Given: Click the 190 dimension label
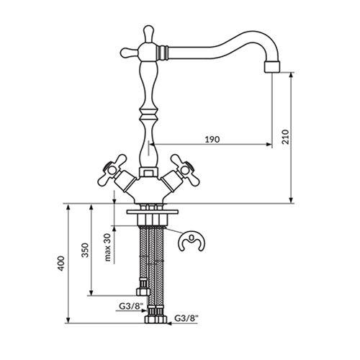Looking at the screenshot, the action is pyautogui.click(x=212, y=139).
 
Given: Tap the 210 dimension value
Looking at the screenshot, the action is pyautogui.click(x=286, y=137).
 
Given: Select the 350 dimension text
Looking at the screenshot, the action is pyautogui.click(x=85, y=250).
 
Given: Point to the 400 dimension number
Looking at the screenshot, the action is pyautogui.click(x=61, y=264).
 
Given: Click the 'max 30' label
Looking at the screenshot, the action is pyautogui.click(x=107, y=247).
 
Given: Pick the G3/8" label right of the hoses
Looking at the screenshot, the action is pyautogui.click(x=186, y=318).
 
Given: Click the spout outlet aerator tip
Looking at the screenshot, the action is pyautogui.click(x=272, y=67).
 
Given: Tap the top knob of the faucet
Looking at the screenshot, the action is pyautogui.click(x=148, y=34).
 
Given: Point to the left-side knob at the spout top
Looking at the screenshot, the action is pyautogui.click(x=129, y=53).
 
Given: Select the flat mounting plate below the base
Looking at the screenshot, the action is pyautogui.click(x=153, y=212).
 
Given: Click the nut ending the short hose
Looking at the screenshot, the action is pyautogui.click(x=143, y=292).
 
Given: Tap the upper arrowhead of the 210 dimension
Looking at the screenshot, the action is pyautogui.click(x=292, y=75).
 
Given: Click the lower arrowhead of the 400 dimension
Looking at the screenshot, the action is pyautogui.click(x=68, y=320).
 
